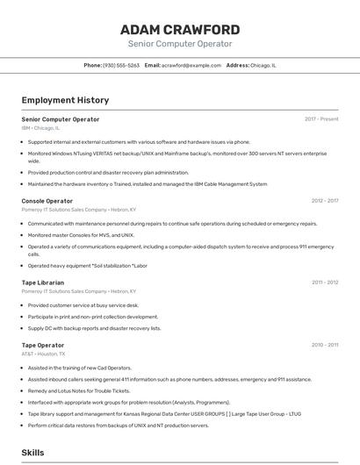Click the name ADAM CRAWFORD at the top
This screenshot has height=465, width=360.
[x=180, y=29]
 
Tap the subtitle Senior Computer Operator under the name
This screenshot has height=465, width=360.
[x=180, y=44]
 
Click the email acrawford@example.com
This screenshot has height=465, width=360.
[x=191, y=66]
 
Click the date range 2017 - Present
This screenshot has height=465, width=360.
[x=321, y=119]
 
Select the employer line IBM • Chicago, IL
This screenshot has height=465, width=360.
[x=43, y=128]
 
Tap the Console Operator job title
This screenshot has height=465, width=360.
[x=47, y=201]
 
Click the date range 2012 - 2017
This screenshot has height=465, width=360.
[x=324, y=201]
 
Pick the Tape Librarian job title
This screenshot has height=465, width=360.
[x=42, y=283]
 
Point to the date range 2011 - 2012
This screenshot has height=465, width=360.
[x=324, y=283]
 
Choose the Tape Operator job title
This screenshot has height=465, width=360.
[x=42, y=346]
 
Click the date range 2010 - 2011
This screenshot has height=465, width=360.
[x=324, y=346]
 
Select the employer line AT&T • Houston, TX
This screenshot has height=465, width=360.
[x=44, y=354]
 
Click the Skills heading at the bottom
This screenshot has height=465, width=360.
[x=32, y=453]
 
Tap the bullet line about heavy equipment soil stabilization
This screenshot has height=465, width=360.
[x=87, y=265]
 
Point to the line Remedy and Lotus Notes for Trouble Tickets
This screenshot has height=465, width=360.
[x=79, y=390]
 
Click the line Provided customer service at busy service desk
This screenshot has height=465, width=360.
[x=83, y=305]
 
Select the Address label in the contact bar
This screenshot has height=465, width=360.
[x=237, y=66]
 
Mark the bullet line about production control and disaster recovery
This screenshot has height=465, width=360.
[x=108, y=173]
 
